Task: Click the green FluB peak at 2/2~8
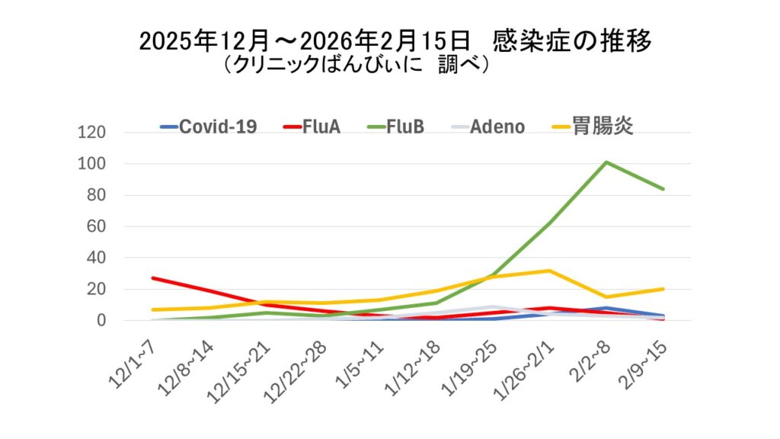pyautogui.click(x=606, y=162)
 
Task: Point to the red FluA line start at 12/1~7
pyautogui.click(x=152, y=278)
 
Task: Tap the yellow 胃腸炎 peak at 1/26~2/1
pyautogui.click(x=549, y=271)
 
